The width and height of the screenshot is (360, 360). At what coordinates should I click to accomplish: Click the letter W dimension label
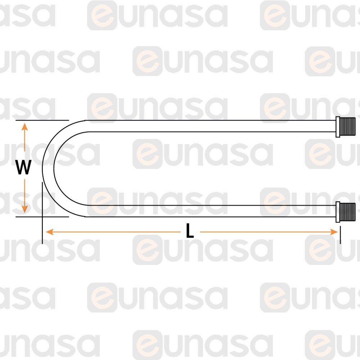click(23, 167)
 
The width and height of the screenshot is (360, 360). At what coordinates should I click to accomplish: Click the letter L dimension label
click(190, 230)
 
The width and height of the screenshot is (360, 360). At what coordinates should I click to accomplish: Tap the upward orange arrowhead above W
click(24, 127)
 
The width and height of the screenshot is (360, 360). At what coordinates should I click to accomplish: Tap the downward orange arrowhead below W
click(24, 209)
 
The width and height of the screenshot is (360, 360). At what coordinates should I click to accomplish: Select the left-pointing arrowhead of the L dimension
click(50, 232)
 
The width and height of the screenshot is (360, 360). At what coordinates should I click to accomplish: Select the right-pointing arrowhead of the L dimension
click(334, 232)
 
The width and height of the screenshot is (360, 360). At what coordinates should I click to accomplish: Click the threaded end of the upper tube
click(347, 126)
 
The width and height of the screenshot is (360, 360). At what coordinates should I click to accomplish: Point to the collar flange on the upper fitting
click(338, 127)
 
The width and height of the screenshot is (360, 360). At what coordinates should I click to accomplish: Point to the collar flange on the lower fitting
click(338, 212)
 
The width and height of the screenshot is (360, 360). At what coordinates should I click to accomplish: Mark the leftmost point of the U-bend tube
click(42, 168)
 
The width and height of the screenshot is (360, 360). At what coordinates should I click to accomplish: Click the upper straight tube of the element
click(210, 126)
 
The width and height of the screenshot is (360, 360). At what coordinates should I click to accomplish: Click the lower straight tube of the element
click(210, 211)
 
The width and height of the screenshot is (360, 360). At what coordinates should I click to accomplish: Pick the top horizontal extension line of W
click(42, 120)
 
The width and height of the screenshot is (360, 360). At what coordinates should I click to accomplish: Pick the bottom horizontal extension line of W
click(42, 216)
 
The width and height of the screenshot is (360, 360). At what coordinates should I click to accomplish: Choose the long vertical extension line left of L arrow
click(42, 213)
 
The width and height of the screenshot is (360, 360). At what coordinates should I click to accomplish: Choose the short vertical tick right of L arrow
click(340, 235)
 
